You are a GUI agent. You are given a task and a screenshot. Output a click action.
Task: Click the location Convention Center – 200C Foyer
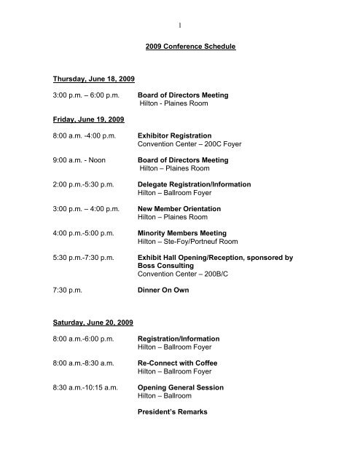point(189,144)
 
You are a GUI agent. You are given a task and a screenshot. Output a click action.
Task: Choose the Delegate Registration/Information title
point(194,185)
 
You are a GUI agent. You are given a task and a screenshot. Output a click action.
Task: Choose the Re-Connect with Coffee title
point(178,363)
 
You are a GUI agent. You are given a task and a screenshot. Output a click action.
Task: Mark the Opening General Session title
point(180,387)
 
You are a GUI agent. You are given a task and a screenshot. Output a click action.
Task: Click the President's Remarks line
point(172,412)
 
